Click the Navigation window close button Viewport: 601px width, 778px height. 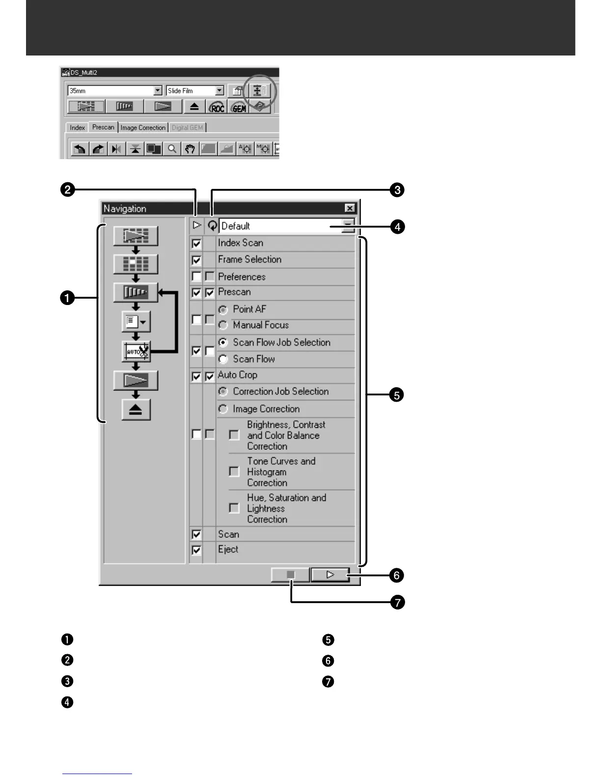coord(350,208)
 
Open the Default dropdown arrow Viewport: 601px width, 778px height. coord(348,226)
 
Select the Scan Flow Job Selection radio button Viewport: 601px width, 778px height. coord(223,342)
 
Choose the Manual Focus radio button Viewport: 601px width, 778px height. coord(223,325)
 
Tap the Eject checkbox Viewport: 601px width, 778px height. coord(196,550)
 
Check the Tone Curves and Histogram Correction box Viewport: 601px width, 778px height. coord(234,472)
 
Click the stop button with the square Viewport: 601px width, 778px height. coord(291,574)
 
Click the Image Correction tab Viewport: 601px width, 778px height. coord(143,128)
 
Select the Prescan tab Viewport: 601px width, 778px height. coord(103,127)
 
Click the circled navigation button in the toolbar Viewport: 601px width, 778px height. coord(259,90)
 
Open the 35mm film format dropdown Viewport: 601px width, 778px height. coord(158,90)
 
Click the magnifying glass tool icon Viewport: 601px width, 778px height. coord(172,148)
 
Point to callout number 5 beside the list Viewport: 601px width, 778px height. coord(396,394)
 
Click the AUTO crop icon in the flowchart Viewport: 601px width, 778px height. coord(136,352)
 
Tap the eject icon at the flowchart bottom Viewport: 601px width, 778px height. coord(136,410)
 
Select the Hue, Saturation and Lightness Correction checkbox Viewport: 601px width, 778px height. coord(234,508)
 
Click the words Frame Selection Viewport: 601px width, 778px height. coord(249,259)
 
